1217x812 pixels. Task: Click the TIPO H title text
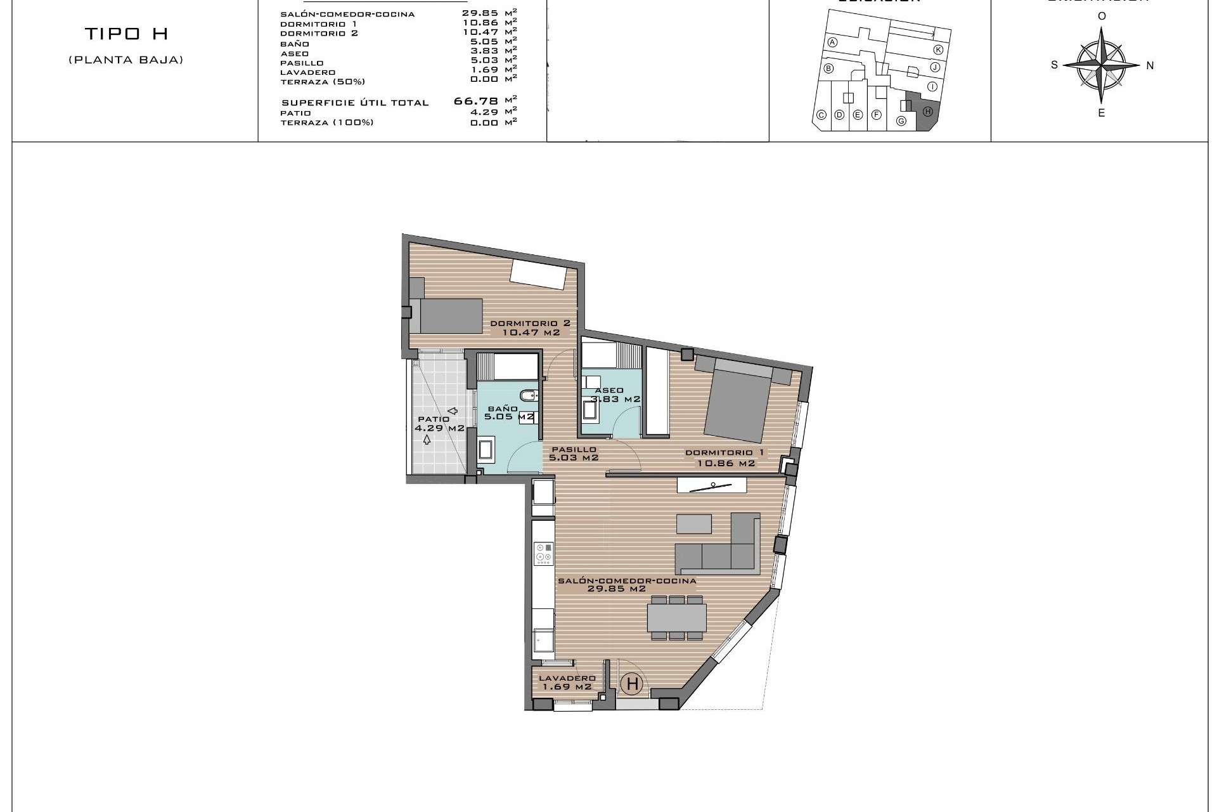[126, 34]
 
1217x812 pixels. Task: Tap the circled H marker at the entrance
[632, 684]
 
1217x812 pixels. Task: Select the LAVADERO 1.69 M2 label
[566, 682]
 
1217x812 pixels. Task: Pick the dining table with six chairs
[677, 617]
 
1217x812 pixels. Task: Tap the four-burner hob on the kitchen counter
[543, 553]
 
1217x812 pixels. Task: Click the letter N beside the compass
[1150, 65]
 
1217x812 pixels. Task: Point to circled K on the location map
[938, 49]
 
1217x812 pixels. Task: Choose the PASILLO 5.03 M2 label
[574, 453]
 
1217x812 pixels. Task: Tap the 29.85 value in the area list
[480, 13]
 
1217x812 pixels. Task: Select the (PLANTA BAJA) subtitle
[126, 60]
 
